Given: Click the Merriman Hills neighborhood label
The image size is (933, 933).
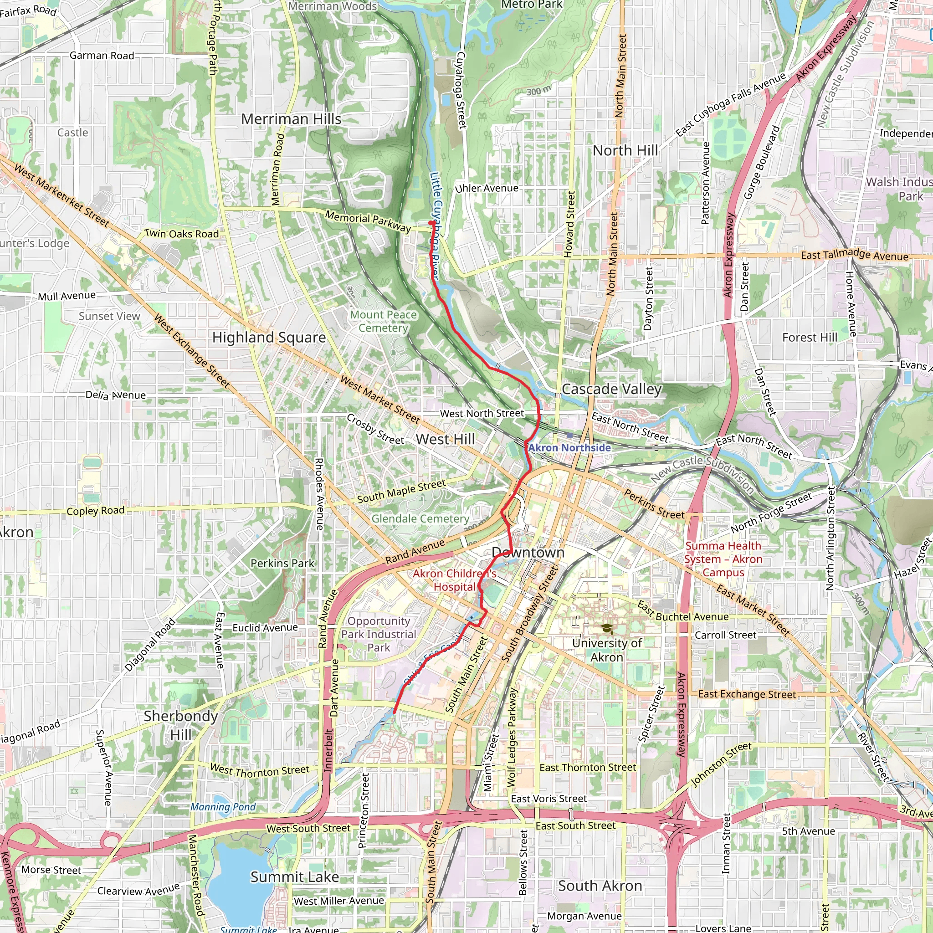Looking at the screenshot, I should tap(291, 119).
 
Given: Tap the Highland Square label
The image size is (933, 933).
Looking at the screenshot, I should tap(269, 337).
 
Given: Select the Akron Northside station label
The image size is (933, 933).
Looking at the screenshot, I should tap(569, 448).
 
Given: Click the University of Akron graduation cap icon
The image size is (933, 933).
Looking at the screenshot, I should tap(606, 628).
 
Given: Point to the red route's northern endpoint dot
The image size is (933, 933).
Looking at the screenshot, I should tap(431, 223).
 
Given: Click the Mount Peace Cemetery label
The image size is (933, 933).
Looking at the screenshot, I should tap(383, 321).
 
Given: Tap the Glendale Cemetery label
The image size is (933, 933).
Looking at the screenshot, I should tap(420, 518).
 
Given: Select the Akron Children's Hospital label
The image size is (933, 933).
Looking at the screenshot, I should tap(454, 580).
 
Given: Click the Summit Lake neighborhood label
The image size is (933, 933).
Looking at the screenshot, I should tap(294, 877).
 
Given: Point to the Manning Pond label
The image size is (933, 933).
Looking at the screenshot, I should tap(223, 806).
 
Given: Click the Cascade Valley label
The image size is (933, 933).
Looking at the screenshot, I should tap(611, 389).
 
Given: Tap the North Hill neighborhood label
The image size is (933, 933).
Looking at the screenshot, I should tap(625, 151).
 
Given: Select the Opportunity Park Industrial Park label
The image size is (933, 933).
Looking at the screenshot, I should tap(379, 634).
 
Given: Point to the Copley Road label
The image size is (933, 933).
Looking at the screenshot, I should tap(95, 511).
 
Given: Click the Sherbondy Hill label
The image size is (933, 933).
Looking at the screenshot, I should tap(180, 725).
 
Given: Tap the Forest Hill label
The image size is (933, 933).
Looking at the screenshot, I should tap(810, 337).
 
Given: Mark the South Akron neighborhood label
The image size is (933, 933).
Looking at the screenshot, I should tap(600, 886).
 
